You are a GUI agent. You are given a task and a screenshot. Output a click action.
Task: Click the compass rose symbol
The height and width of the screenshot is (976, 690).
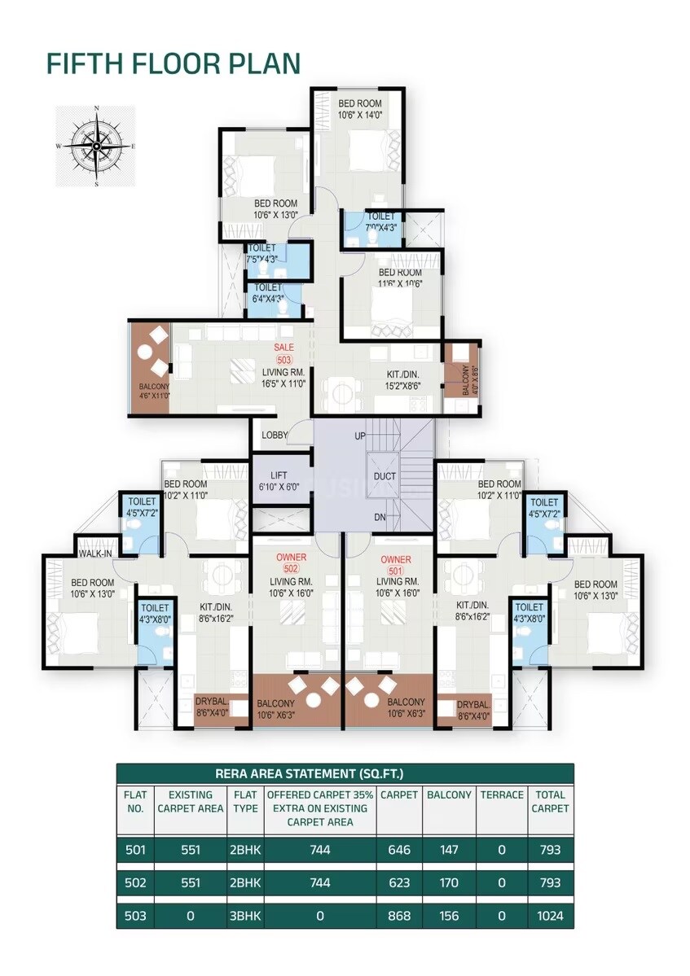click(96, 147)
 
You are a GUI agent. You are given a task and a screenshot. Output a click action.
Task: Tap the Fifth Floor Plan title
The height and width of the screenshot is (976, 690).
click(173, 63)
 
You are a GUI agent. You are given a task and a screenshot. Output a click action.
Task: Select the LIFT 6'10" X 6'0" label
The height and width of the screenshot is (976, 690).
click(279, 480)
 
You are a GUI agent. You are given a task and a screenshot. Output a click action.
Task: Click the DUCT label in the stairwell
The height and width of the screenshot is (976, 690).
click(385, 476)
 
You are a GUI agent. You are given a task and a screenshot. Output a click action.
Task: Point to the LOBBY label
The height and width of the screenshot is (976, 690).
click(275, 435)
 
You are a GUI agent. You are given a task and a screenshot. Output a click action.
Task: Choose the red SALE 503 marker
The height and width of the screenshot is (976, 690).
click(283, 353)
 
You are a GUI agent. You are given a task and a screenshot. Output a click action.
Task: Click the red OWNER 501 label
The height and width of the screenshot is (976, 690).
click(396, 565)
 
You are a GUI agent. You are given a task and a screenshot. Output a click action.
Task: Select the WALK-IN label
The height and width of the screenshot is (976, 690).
click(95, 554)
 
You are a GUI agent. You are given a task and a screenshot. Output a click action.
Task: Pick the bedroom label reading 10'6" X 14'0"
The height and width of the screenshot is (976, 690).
click(359, 109)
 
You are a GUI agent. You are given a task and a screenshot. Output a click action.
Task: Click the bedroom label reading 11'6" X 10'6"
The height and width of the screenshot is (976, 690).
click(400, 278)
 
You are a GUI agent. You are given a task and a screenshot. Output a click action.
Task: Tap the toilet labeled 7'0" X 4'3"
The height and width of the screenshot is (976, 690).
click(380, 222)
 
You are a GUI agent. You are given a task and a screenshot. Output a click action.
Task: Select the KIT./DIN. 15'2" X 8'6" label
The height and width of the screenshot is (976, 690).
click(403, 380)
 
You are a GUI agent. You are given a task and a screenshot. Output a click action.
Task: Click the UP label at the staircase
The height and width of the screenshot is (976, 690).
click(359, 436)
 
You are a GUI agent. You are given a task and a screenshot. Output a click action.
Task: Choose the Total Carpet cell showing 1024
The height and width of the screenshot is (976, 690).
click(550, 916)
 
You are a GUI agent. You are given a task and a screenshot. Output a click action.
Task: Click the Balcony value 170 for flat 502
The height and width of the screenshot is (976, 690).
click(448, 883)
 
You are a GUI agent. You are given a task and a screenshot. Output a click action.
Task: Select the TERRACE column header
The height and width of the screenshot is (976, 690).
click(501, 794)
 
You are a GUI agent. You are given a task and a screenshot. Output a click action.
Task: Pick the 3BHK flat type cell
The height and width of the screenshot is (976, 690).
click(245, 916)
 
